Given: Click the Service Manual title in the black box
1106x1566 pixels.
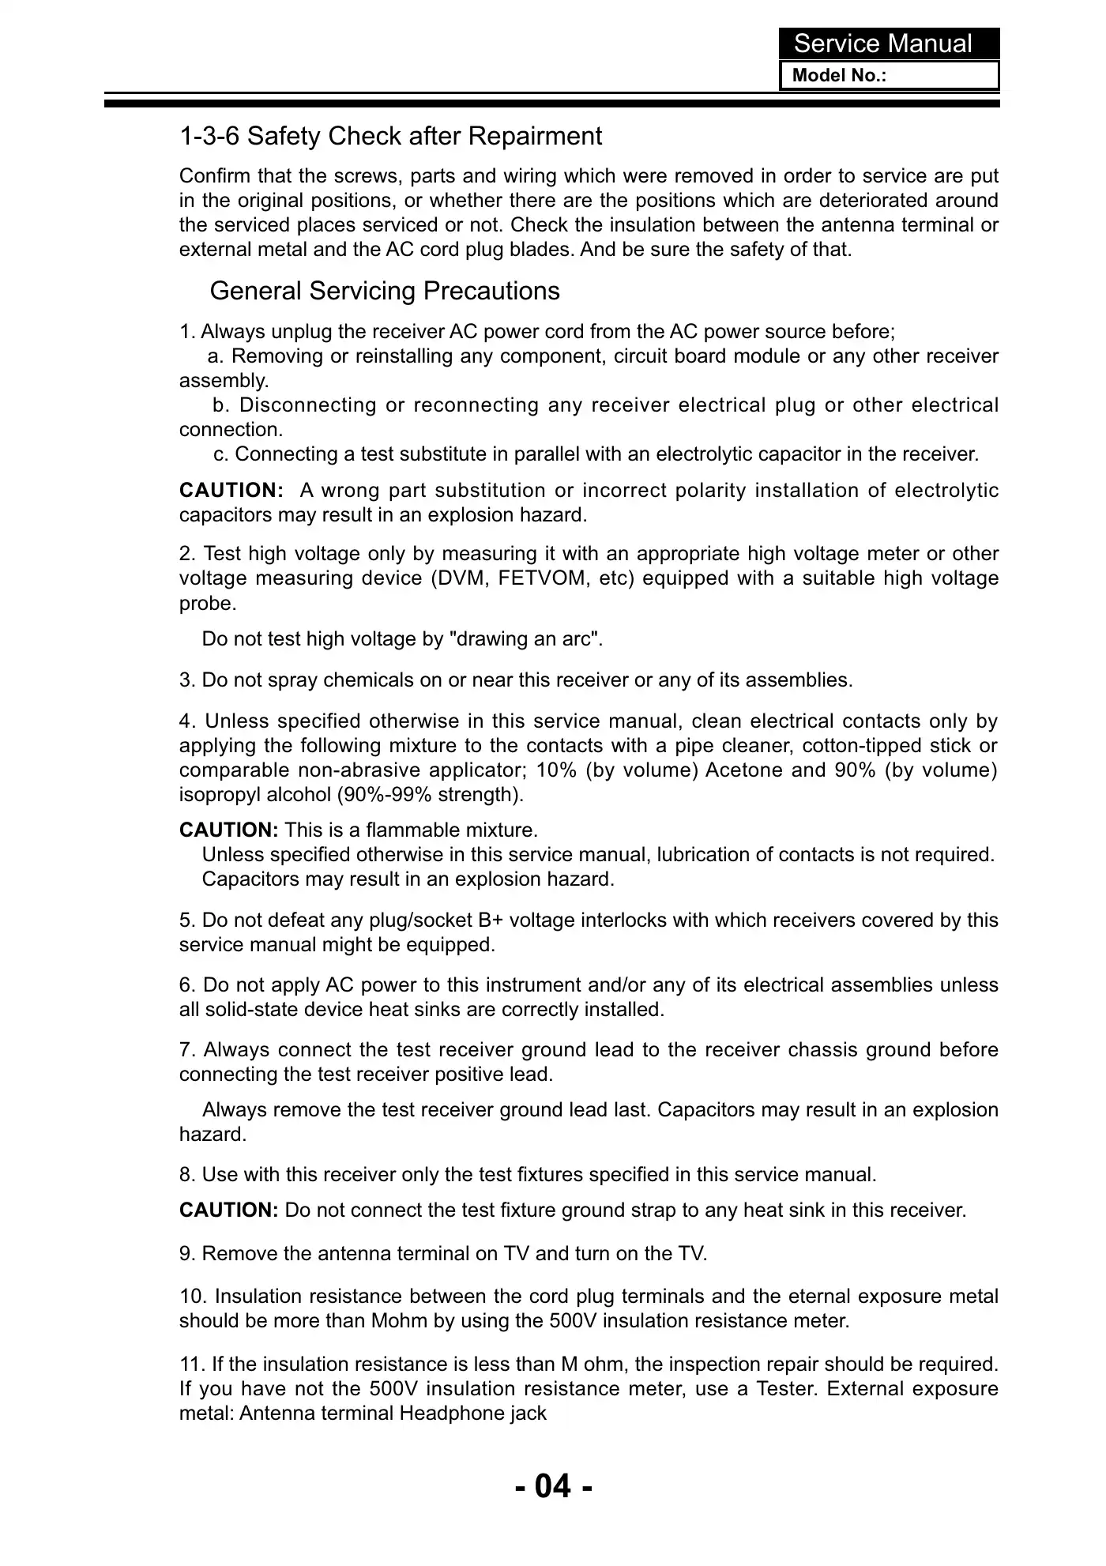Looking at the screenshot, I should click(x=882, y=43).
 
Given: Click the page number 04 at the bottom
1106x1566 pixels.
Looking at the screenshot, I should click(x=553, y=1485).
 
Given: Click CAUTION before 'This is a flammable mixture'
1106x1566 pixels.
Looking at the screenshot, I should click(x=228, y=830).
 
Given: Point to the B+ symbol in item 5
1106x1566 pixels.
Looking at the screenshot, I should click(x=493, y=920).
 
